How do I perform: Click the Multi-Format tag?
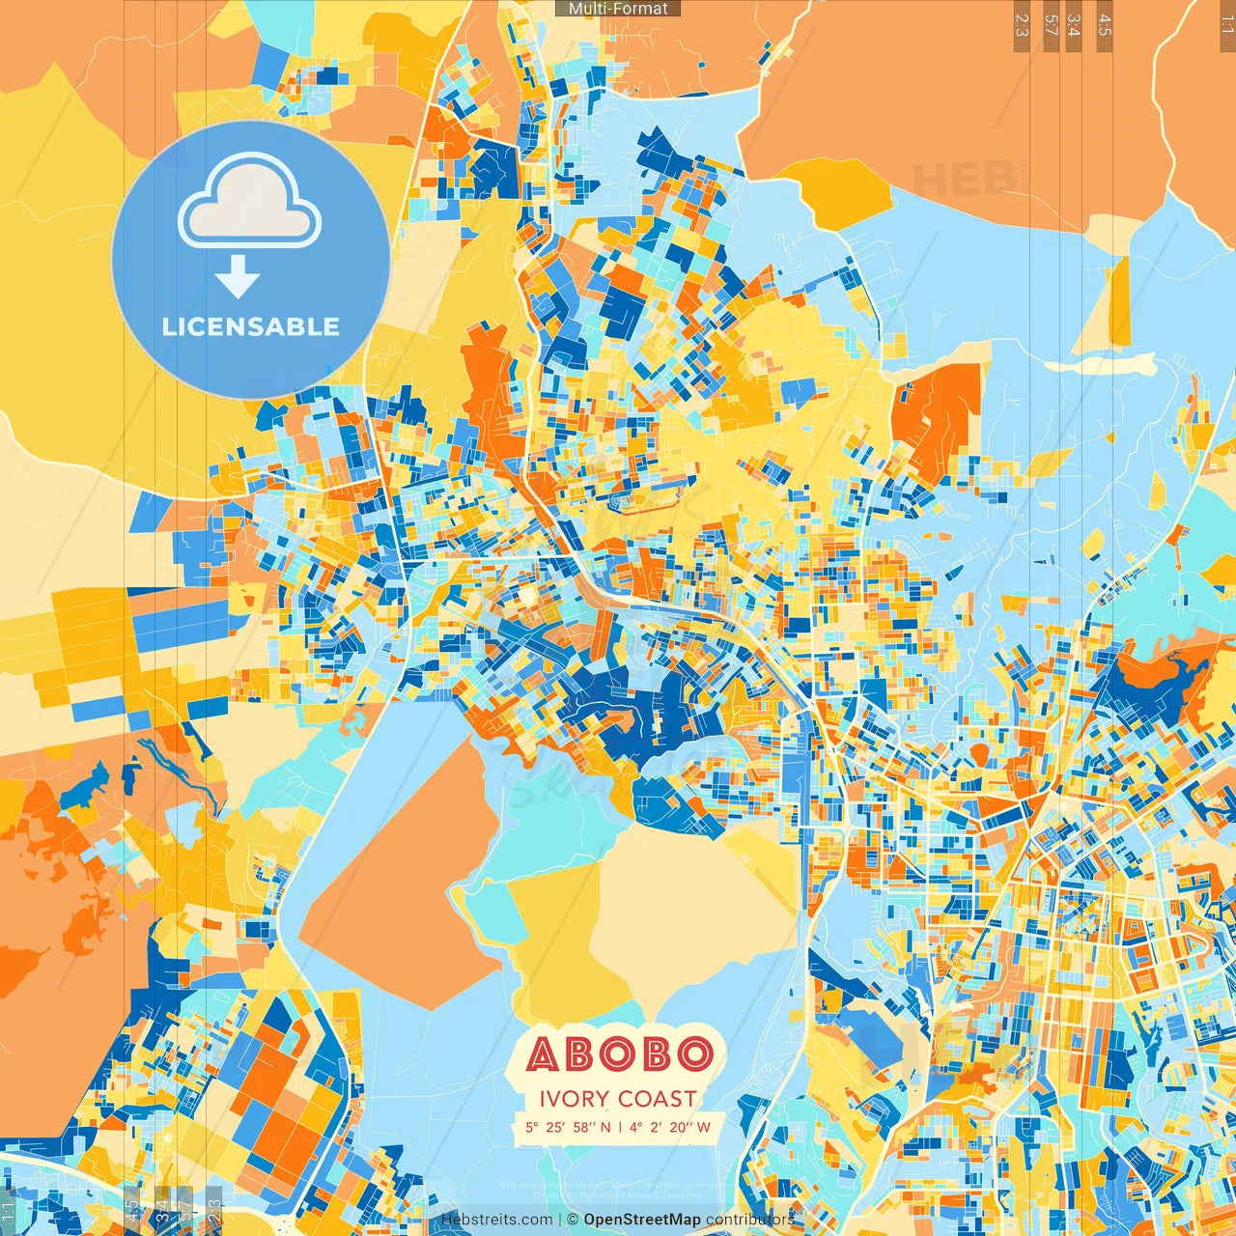point(618,9)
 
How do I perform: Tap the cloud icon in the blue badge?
point(249,206)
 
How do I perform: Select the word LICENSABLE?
point(251,326)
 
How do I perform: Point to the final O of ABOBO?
point(695,1053)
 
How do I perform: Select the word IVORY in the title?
point(574,1099)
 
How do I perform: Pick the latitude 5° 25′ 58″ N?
point(568,1127)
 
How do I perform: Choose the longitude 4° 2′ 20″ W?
point(670,1127)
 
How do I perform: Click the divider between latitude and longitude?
point(620,1127)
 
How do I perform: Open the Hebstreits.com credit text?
point(497,1220)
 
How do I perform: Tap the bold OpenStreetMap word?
point(642,1220)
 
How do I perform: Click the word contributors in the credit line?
point(750,1220)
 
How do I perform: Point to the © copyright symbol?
point(573,1220)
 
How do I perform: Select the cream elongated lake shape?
point(1101,365)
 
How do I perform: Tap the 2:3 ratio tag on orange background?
point(1022,25)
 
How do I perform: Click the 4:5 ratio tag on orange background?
point(1105,25)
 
